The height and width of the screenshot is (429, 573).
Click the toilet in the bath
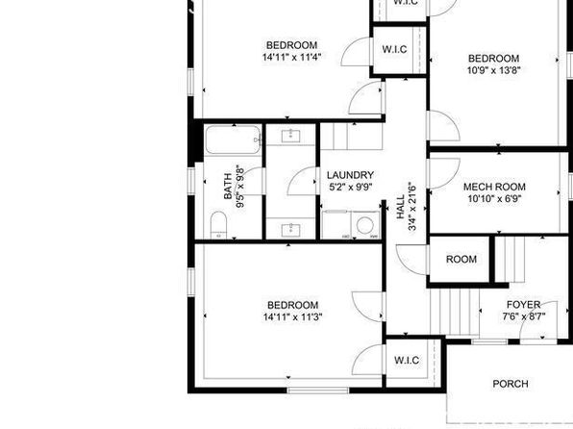pos(218,225)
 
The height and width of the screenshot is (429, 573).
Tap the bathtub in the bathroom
pos(233,139)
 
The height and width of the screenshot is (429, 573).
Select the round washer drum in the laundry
pos(364,225)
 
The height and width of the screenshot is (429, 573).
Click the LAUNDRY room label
pos(350,175)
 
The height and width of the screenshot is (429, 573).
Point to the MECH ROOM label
pos(494,187)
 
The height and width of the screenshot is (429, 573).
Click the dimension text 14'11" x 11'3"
pos(292,316)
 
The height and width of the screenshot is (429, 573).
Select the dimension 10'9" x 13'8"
pos(494,70)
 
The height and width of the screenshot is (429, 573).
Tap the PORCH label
pos(511,384)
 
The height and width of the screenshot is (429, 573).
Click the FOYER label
pos(523,305)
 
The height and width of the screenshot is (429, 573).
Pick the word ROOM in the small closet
pos(461,260)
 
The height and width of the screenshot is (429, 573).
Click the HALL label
pos(401,207)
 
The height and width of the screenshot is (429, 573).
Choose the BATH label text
pos(228,187)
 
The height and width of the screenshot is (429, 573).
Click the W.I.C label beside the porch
pos(407,361)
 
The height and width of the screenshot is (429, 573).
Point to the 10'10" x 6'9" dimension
pos(494,199)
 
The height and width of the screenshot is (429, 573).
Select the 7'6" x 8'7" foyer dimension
pos(524,316)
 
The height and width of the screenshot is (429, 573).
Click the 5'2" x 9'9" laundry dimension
pos(351,187)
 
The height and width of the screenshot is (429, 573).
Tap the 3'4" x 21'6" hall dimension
pos(412,207)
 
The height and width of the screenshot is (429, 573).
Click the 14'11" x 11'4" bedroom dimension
pos(291,57)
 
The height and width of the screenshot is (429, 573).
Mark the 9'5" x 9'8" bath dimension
pos(239,187)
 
